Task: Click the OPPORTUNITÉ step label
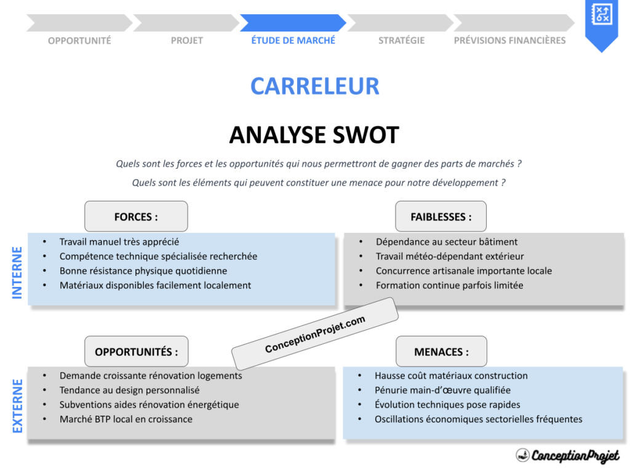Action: [x=79, y=41]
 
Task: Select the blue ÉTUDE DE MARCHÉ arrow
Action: [x=293, y=23]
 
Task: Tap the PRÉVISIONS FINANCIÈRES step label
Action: [x=509, y=41]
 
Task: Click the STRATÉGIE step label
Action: [x=401, y=41]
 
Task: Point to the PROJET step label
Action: [x=186, y=41]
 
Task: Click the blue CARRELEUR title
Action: [x=314, y=86]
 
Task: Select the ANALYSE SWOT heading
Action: [x=314, y=135]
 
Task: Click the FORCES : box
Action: [x=136, y=217]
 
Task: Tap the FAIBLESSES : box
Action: [x=441, y=217]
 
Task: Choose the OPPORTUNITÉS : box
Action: [x=136, y=352]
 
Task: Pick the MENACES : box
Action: [x=441, y=352]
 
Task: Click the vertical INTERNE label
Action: [x=17, y=273]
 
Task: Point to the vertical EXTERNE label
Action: [x=17, y=406]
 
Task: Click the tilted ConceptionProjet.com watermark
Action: [x=315, y=334]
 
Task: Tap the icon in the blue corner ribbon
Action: [x=600, y=14]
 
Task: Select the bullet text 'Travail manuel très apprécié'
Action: [x=119, y=242]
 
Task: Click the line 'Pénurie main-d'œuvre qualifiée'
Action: [x=442, y=390]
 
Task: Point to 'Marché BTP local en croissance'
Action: [x=126, y=419]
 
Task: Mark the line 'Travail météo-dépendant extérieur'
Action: [x=450, y=256]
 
